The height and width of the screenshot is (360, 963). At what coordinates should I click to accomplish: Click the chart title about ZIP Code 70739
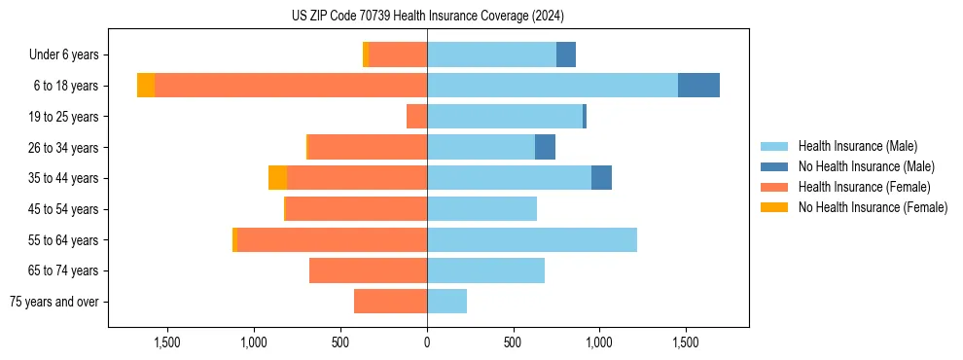click(x=427, y=16)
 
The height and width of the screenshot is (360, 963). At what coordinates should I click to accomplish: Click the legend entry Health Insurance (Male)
click(x=857, y=146)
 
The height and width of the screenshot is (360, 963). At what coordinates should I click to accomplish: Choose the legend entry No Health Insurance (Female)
click(x=873, y=207)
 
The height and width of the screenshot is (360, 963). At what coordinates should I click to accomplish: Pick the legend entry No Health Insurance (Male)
click(x=866, y=166)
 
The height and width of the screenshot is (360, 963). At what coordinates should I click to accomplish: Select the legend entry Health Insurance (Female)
click(x=864, y=187)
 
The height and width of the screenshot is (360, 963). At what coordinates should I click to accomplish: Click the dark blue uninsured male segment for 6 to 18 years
click(x=698, y=86)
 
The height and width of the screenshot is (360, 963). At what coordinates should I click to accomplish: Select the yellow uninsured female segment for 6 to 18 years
click(x=146, y=86)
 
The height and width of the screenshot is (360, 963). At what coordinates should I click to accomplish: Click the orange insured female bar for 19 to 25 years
click(x=416, y=117)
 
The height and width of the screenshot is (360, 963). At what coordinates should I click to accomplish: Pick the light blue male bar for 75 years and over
click(x=446, y=302)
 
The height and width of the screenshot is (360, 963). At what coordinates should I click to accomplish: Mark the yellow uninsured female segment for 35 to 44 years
click(x=277, y=178)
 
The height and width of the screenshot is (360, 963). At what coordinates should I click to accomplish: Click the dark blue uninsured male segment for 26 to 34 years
click(x=545, y=147)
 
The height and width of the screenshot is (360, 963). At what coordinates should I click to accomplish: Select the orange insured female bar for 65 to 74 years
click(x=368, y=270)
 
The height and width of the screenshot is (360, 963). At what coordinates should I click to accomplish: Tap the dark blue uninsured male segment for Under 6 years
click(x=566, y=54)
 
